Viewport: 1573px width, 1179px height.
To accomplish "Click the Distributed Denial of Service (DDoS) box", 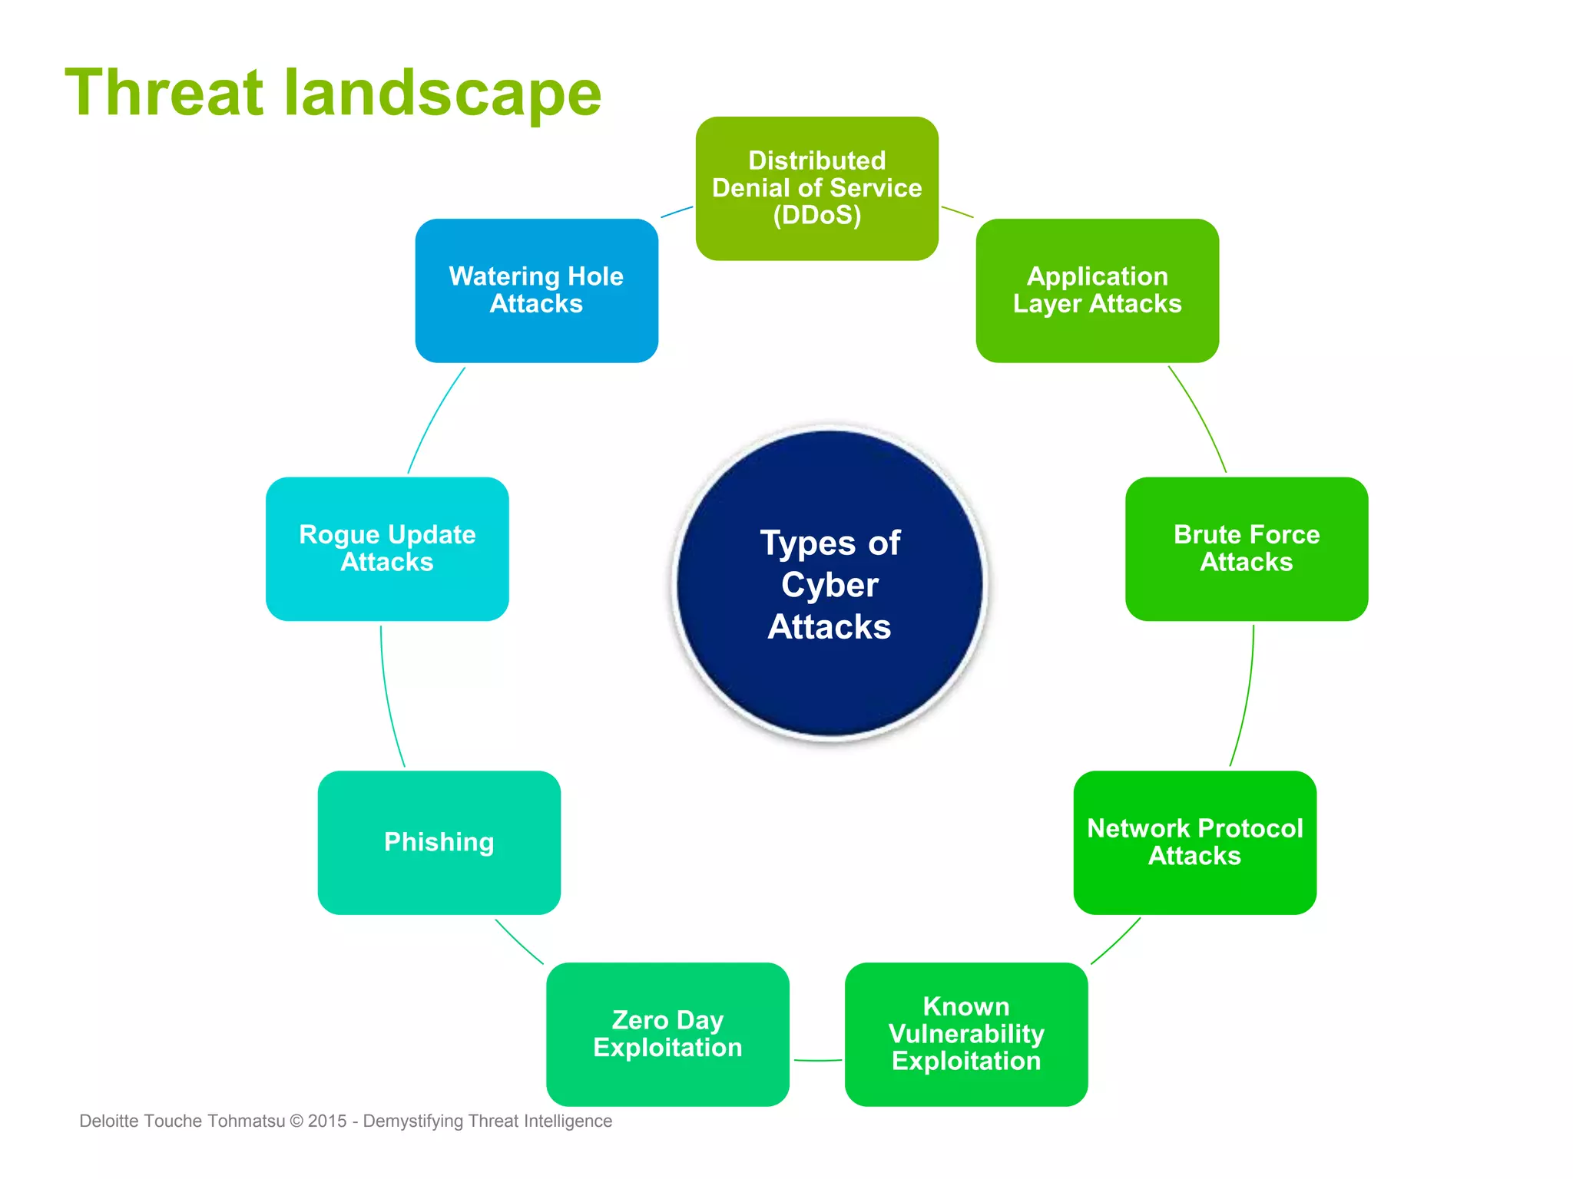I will (x=816, y=188).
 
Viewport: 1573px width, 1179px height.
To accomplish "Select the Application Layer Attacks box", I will (x=1097, y=290).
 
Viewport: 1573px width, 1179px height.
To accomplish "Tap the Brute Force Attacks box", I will (x=1246, y=548).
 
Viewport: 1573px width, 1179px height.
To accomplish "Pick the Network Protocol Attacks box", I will (x=1194, y=842).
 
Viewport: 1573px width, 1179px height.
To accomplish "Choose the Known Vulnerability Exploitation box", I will (x=965, y=1033).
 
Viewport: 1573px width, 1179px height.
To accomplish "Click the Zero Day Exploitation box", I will (x=667, y=1033).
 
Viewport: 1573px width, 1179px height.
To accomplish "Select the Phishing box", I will (x=439, y=842).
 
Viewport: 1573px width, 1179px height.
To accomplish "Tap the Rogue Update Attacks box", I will (x=387, y=548).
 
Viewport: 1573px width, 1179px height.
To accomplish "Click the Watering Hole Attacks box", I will (x=536, y=290).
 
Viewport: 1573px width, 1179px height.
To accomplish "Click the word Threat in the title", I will (x=164, y=93).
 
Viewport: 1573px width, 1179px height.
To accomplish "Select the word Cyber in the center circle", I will (x=830, y=585).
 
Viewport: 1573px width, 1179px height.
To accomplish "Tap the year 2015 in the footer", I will (x=327, y=1121).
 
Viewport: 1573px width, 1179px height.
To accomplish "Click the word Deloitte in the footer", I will (x=109, y=1121).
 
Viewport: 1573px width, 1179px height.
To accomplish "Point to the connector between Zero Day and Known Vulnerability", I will (x=817, y=1060).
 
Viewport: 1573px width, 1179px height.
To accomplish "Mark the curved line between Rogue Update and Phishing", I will (x=387, y=695).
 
